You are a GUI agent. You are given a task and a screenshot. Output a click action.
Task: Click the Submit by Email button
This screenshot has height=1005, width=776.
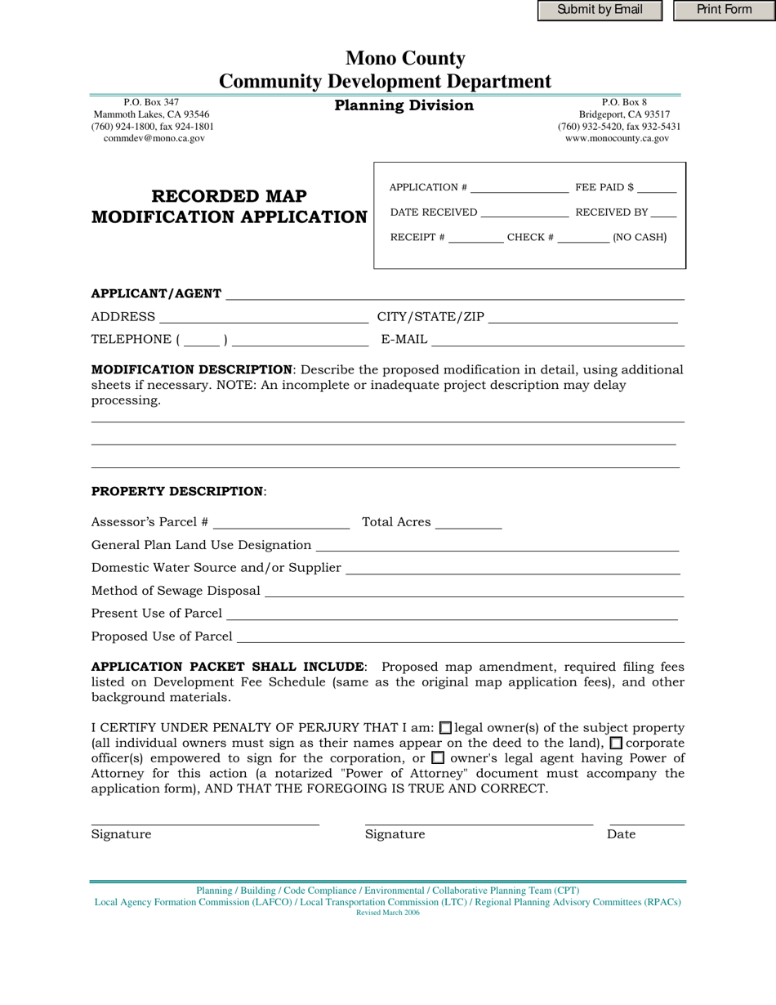pos(600,11)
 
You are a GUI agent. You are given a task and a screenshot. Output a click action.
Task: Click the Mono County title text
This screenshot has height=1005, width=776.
pos(405,59)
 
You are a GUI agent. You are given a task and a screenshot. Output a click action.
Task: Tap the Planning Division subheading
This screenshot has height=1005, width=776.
pos(404,105)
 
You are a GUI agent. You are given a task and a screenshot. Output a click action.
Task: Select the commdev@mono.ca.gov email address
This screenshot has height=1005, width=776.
pos(154,139)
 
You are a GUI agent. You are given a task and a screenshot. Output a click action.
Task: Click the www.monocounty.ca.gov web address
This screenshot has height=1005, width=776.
pos(617,139)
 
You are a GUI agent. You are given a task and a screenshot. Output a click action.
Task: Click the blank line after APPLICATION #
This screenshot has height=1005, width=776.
pos(520,188)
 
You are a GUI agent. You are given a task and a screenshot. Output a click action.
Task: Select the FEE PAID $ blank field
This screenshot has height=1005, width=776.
pos(657,188)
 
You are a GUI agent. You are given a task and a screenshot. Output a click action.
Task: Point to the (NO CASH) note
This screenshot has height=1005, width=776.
pos(640,238)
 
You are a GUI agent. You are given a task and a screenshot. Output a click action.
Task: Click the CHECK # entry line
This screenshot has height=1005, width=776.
pos(583,239)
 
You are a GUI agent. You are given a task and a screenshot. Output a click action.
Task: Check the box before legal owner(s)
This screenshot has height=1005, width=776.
pos(445,728)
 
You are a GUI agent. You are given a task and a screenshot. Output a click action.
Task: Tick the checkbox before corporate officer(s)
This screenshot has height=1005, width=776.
pos(616,744)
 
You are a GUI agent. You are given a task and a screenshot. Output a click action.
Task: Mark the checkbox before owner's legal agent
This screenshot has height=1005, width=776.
pos(438,758)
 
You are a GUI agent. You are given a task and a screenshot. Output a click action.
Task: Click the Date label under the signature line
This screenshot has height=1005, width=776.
pos(621,834)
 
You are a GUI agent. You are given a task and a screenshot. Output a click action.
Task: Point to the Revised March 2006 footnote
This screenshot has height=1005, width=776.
pos(388,913)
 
